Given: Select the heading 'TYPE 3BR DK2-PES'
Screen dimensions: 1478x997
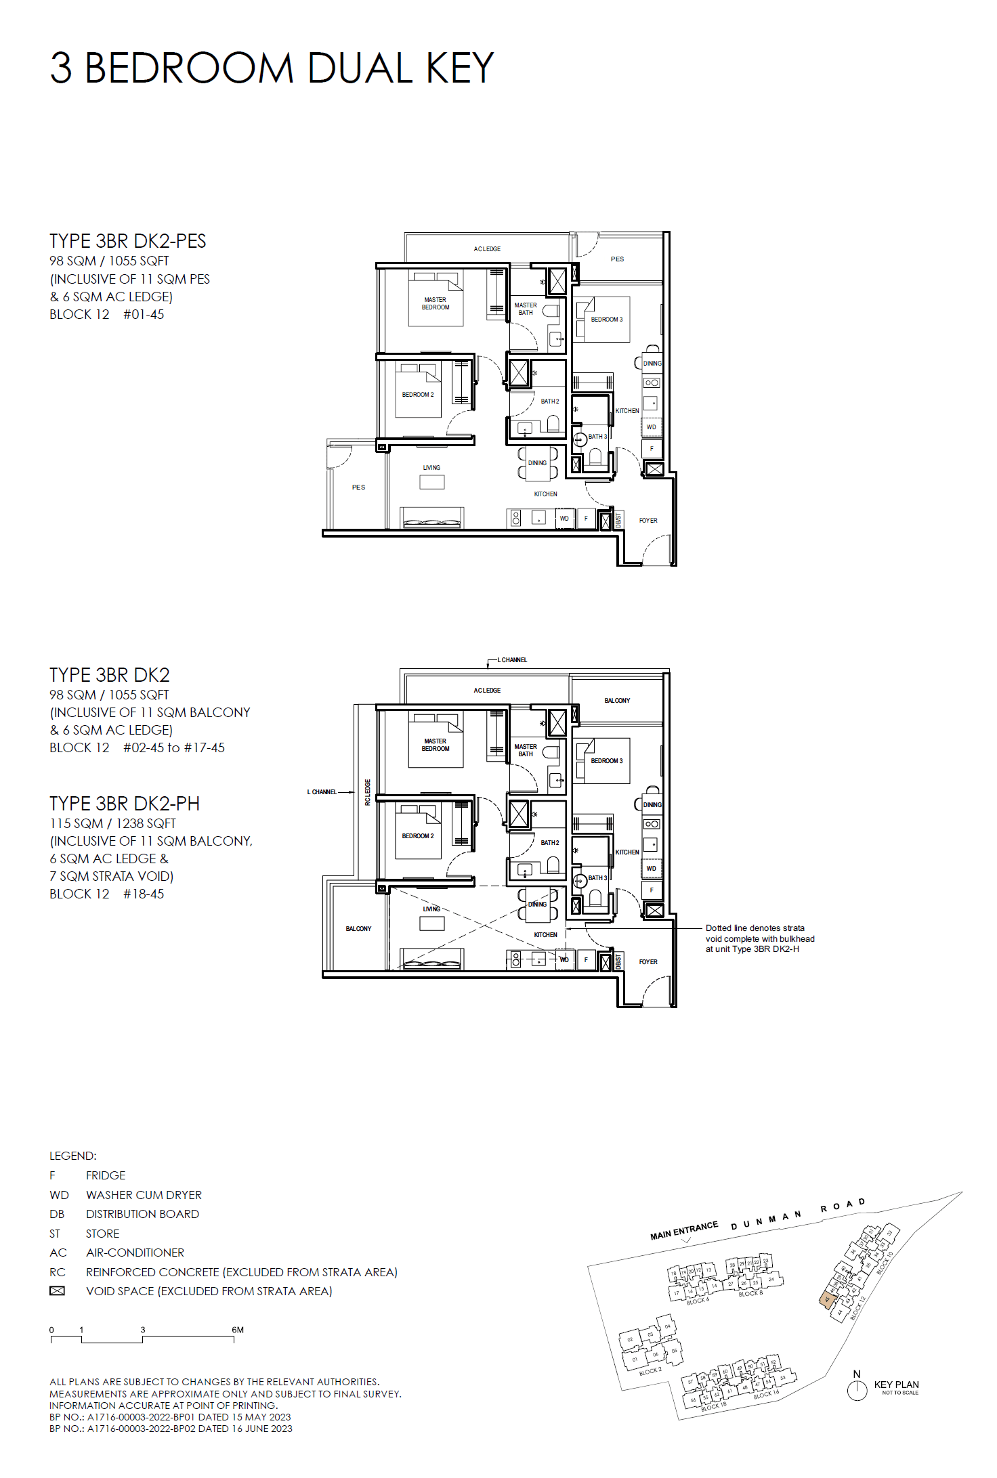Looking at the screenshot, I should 127,241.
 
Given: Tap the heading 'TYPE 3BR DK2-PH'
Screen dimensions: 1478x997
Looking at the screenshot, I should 124,804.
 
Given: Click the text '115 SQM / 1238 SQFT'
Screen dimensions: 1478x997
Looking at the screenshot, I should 112,823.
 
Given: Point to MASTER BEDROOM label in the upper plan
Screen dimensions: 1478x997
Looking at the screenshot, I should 435,303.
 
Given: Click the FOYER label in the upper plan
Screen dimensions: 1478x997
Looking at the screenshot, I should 648,521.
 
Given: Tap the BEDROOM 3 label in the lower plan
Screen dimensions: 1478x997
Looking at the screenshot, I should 606,761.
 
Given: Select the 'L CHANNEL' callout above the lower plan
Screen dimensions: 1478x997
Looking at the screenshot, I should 512,659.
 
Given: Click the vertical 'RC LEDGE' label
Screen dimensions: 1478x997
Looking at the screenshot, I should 368,791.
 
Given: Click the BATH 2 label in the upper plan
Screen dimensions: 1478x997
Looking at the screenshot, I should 549,401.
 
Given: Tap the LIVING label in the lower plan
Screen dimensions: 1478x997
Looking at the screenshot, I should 431,909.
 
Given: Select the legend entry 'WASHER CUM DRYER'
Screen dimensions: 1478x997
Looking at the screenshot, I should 144,1195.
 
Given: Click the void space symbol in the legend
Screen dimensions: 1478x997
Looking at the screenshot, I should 58,1291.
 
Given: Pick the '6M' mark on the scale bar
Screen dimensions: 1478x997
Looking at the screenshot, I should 237,1330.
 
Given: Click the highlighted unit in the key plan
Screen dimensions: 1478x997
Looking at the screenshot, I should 826,1299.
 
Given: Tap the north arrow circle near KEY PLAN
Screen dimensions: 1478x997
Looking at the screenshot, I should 857,1391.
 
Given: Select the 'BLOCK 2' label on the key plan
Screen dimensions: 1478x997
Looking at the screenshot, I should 650,1371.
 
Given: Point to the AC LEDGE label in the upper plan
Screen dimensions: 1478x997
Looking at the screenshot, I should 487,249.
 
